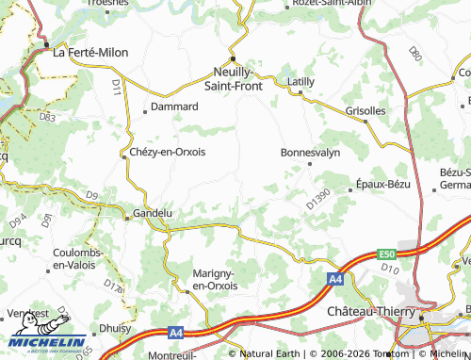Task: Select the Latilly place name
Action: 301,82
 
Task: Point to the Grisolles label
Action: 365,110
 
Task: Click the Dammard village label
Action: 175,107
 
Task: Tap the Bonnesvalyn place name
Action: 309,151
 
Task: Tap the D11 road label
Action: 117,87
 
